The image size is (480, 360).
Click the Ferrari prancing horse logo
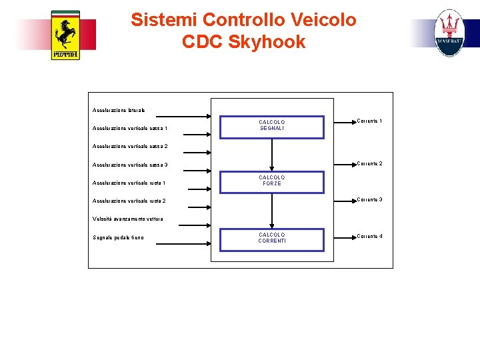coord(65,35)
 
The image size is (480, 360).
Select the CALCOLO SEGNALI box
coord(272,125)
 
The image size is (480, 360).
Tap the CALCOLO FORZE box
coord(272,181)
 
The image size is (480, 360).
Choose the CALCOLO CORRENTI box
coord(272,238)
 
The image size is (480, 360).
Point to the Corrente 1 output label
coord(369,121)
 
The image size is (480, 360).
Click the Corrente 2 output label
coord(369,164)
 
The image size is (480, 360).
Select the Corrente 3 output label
coord(369,200)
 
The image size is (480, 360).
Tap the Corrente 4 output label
coord(369,237)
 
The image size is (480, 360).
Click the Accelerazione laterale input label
coord(119,110)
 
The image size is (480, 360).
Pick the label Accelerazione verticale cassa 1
coord(130,129)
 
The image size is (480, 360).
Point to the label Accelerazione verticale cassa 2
coord(130,146)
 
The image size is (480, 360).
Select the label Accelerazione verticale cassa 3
coord(130,165)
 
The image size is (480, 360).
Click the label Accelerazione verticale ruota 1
coord(129,183)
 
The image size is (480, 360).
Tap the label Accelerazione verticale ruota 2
coord(129,201)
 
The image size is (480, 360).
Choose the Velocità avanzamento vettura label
coord(127,219)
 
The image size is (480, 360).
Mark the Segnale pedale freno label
coord(118,237)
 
